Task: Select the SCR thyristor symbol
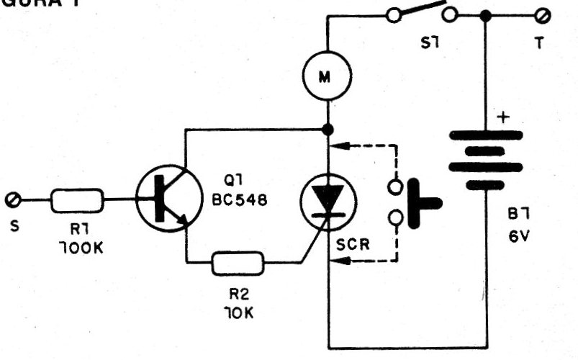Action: pyautogui.click(x=328, y=197)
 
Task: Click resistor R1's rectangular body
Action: pyautogui.click(x=76, y=200)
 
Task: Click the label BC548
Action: pyautogui.click(x=243, y=202)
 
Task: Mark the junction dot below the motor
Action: pyautogui.click(x=328, y=130)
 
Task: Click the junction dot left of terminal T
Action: pyautogui.click(x=487, y=15)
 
